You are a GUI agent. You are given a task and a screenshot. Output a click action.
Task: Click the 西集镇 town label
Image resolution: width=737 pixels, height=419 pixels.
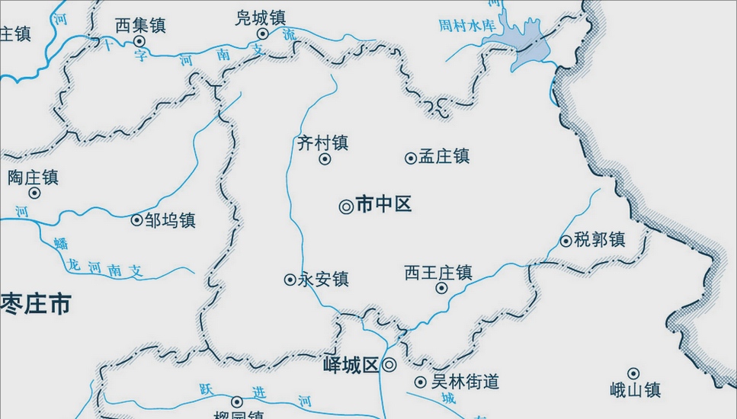[x=140, y=25]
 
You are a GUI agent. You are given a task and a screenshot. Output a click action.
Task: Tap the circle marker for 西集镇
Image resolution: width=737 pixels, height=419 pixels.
[x=139, y=41]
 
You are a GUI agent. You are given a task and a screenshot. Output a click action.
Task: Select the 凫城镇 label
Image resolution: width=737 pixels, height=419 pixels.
[x=261, y=18]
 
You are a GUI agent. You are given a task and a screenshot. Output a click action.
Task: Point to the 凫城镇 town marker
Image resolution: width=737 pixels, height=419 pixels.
[x=263, y=34]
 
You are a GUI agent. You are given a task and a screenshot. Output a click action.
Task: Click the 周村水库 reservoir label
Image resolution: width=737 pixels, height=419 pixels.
[x=466, y=26]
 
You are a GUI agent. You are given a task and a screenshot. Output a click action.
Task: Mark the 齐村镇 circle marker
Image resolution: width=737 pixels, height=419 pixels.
[x=325, y=159]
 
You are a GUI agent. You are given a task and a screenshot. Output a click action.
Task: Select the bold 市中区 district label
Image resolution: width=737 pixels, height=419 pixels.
[x=383, y=204]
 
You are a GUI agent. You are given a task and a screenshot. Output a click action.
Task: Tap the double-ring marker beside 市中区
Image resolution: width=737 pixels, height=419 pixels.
[x=345, y=206]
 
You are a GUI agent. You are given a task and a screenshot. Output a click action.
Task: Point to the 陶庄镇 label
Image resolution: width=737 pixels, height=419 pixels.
[x=33, y=178]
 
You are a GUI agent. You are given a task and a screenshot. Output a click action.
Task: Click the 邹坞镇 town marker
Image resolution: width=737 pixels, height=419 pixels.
[x=137, y=220]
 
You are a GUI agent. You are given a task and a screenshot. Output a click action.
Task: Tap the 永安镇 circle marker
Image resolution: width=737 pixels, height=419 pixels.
[x=290, y=280]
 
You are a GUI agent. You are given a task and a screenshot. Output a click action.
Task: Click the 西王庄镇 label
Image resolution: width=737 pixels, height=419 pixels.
[x=438, y=272]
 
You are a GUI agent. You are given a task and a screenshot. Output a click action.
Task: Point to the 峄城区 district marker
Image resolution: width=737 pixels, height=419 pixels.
[x=389, y=365]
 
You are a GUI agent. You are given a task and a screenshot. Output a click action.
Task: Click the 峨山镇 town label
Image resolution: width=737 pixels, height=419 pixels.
[x=635, y=390]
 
